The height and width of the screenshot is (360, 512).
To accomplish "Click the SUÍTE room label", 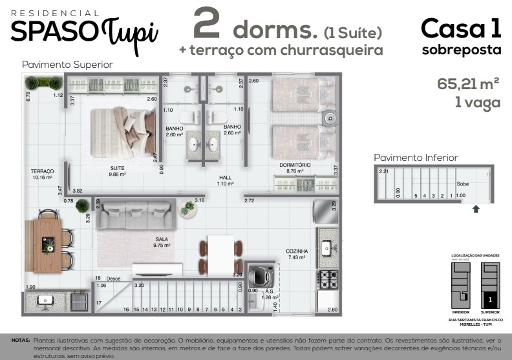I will coord(117,167).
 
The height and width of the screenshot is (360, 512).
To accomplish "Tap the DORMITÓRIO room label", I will coord(295,165).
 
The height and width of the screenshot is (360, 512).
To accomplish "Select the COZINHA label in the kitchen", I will coord(297,251).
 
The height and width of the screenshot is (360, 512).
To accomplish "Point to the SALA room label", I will coord(161,238).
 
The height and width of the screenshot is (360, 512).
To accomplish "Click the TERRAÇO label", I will coord(42,171).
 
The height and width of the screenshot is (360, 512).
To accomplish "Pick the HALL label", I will coord(225,177).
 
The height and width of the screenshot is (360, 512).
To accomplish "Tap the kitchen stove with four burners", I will coord(326,279).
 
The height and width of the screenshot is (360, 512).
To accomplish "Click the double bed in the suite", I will coord(123,132).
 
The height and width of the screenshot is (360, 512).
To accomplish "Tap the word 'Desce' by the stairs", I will coord(114,279).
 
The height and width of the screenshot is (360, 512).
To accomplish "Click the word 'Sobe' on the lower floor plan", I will coord(462,184).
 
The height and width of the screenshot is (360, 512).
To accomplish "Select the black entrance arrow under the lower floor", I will coord(476,209).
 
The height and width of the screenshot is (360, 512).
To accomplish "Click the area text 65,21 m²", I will coord(468,83).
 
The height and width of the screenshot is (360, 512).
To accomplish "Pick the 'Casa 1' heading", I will coord(461,28).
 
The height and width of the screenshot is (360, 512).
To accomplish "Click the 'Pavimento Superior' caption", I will coord(67,65).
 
